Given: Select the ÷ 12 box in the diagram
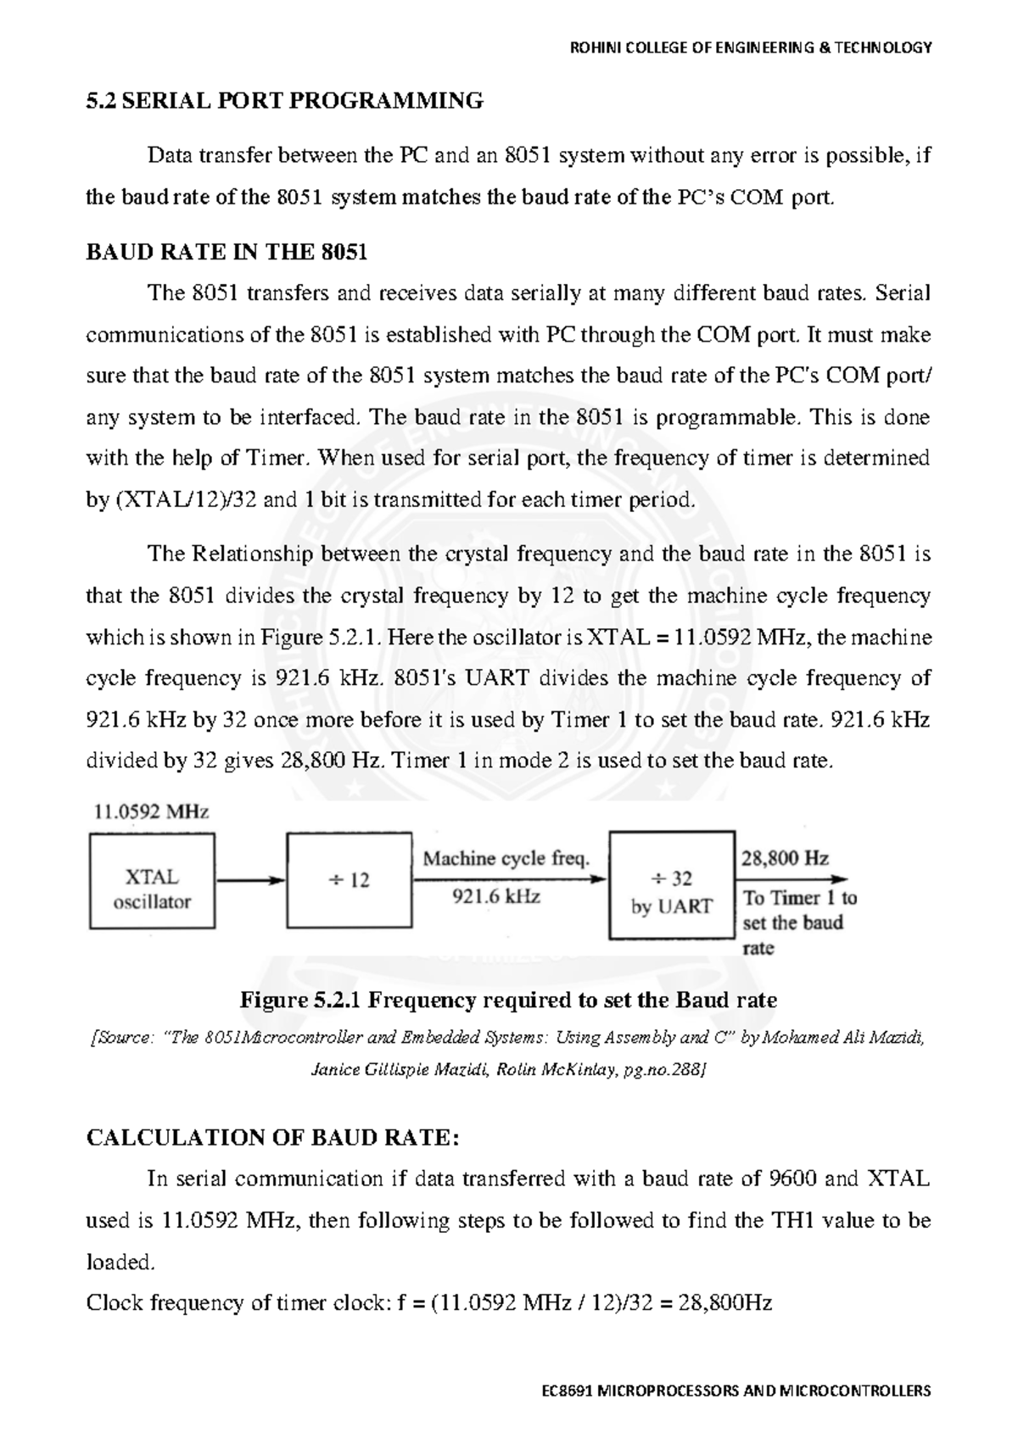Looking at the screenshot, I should pyautogui.click(x=349, y=880).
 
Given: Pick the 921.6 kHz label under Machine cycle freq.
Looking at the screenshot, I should pyautogui.click(x=497, y=896).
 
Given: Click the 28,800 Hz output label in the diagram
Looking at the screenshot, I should pyautogui.click(x=785, y=858).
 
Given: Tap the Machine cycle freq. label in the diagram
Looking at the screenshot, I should pyautogui.click(x=506, y=858).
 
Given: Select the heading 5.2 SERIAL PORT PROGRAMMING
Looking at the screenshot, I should pyautogui.click(x=285, y=101).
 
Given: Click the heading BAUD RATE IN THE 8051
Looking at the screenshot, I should pyautogui.click(x=227, y=252).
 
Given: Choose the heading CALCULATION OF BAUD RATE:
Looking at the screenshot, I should pyautogui.click(x=273, y=1137).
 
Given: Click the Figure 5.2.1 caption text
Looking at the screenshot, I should pyautogui.click(x=509, y=1000).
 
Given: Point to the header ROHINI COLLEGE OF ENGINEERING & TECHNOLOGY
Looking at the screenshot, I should pyautogui.click(x=751, y=47).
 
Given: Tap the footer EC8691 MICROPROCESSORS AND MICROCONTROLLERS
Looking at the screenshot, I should pyautogui.click(x=736, y=1391).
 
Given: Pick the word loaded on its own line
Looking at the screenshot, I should pyautogui.click(x=121, y=1262).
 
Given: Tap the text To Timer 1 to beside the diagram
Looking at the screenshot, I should pyautogui.click(x=799, y=898).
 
